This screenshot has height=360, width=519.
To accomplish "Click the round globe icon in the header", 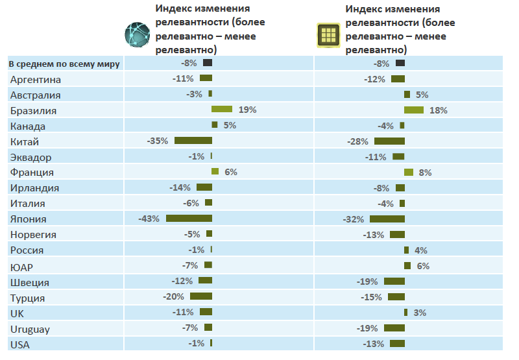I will [x=138, y=34].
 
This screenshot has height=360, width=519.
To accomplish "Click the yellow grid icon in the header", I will [x=329, y=35].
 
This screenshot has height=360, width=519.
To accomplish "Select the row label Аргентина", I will [x=36, y=79].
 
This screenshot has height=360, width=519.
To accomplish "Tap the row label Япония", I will [x=29, y=219].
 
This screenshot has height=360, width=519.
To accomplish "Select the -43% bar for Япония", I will [x=189, y=219].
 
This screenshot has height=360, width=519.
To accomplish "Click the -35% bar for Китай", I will [x=193, y=141].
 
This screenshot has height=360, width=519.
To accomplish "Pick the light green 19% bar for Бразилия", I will [x=222, y=110].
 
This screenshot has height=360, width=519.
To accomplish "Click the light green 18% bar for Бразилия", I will [x=414, y=110].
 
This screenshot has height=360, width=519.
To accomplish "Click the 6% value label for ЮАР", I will [x=423, y=266].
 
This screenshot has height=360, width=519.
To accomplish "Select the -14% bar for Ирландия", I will [x=204, y=187].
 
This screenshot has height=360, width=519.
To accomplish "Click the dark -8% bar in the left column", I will [x=208, y=63].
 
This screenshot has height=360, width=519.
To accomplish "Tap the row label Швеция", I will [x=30, y=282].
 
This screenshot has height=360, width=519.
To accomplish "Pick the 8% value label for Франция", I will [x=425, y=173].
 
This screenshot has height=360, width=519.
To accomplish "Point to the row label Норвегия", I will [x=34, y=235].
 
